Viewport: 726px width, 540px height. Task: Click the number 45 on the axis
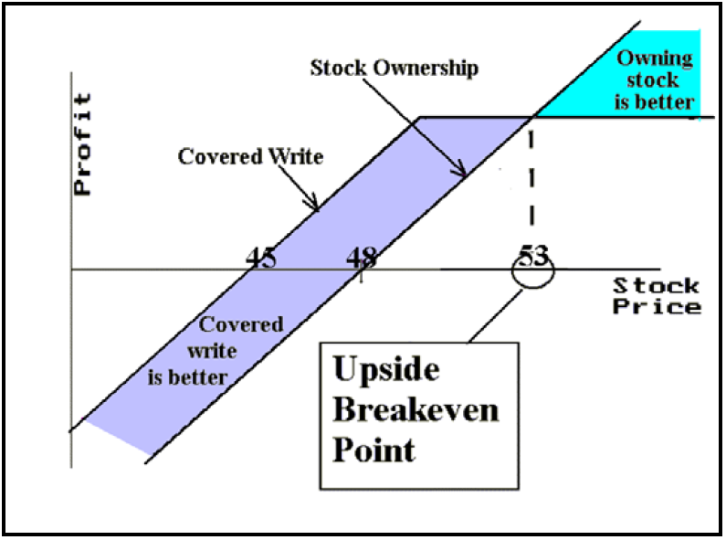[x=261, y=257]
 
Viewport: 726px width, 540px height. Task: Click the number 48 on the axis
[x=362, y=257]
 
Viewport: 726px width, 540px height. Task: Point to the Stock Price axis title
[x=657, y=295]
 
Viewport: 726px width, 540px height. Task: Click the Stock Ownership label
[x=395, y=68]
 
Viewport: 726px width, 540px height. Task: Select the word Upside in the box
[x=385, y=370]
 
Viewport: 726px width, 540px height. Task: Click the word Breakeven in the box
[x=416, y=409]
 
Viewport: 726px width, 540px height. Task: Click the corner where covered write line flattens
[x=419, y=117]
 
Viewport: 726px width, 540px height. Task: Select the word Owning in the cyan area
[x=655, y=59]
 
